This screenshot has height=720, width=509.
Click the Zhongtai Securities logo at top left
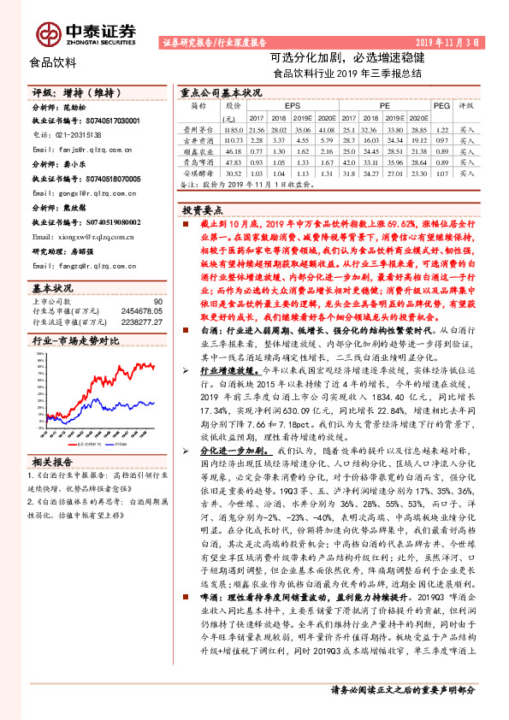86,32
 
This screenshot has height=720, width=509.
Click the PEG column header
441,106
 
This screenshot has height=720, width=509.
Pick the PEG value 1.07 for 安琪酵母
441,174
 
